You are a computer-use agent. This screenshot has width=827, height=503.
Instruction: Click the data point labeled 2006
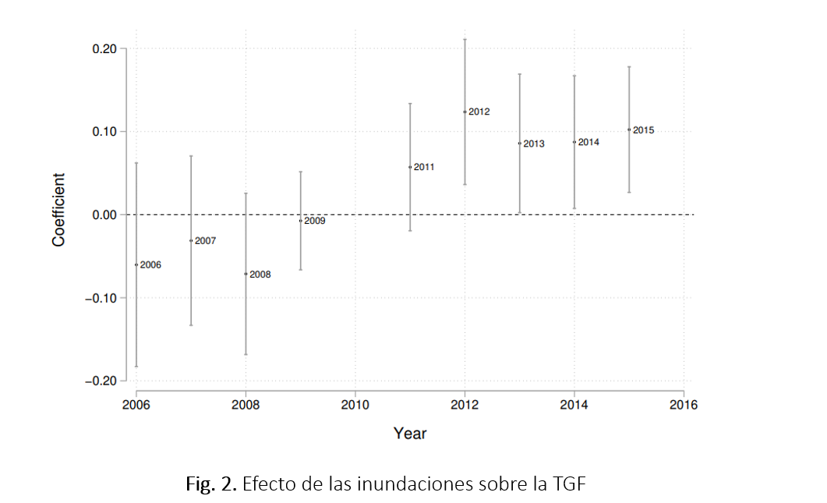point(136,265)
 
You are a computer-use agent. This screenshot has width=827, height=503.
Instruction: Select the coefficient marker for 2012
point(465,112)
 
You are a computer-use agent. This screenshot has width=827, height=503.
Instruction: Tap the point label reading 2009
point(315,221)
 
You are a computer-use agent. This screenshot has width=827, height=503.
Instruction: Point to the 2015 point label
point(643,130)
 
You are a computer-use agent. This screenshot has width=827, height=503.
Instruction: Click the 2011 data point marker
point(410,167)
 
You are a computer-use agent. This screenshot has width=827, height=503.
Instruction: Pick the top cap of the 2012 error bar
point(465,39)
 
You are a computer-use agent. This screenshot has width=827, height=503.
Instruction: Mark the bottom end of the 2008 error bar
point(246,354)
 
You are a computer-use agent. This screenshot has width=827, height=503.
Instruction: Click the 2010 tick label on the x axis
point(355,405)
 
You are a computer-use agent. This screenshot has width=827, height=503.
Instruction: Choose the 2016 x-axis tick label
point(683,405)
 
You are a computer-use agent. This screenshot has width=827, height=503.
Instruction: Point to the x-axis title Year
point(410,433)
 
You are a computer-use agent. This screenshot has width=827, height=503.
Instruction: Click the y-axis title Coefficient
point(59,210)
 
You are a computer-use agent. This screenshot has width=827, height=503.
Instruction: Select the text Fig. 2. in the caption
point(211,484)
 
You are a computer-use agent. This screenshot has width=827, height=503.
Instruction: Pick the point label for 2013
point(534,144)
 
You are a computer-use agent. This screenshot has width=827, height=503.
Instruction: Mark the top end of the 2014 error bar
point(574,76)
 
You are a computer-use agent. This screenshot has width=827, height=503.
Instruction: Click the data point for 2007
point(191,240)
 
